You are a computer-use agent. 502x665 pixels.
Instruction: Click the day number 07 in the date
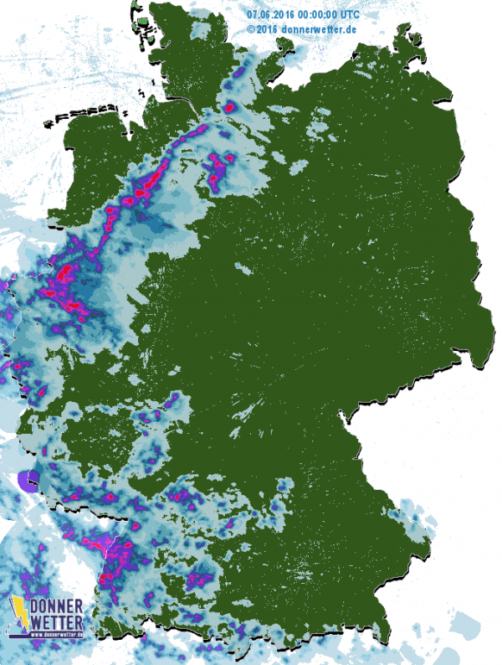pos(253,15)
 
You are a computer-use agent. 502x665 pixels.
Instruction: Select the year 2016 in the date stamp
pos(284,15)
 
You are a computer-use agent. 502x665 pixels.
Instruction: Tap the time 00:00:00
pos(319,15)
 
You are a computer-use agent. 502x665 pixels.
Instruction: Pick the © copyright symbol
pos(251,28)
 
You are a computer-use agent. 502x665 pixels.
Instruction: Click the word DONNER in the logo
pos(57,606)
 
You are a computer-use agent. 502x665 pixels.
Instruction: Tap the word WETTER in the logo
pos(57,621)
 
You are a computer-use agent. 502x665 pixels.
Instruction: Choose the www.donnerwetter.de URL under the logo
pos(57,634)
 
